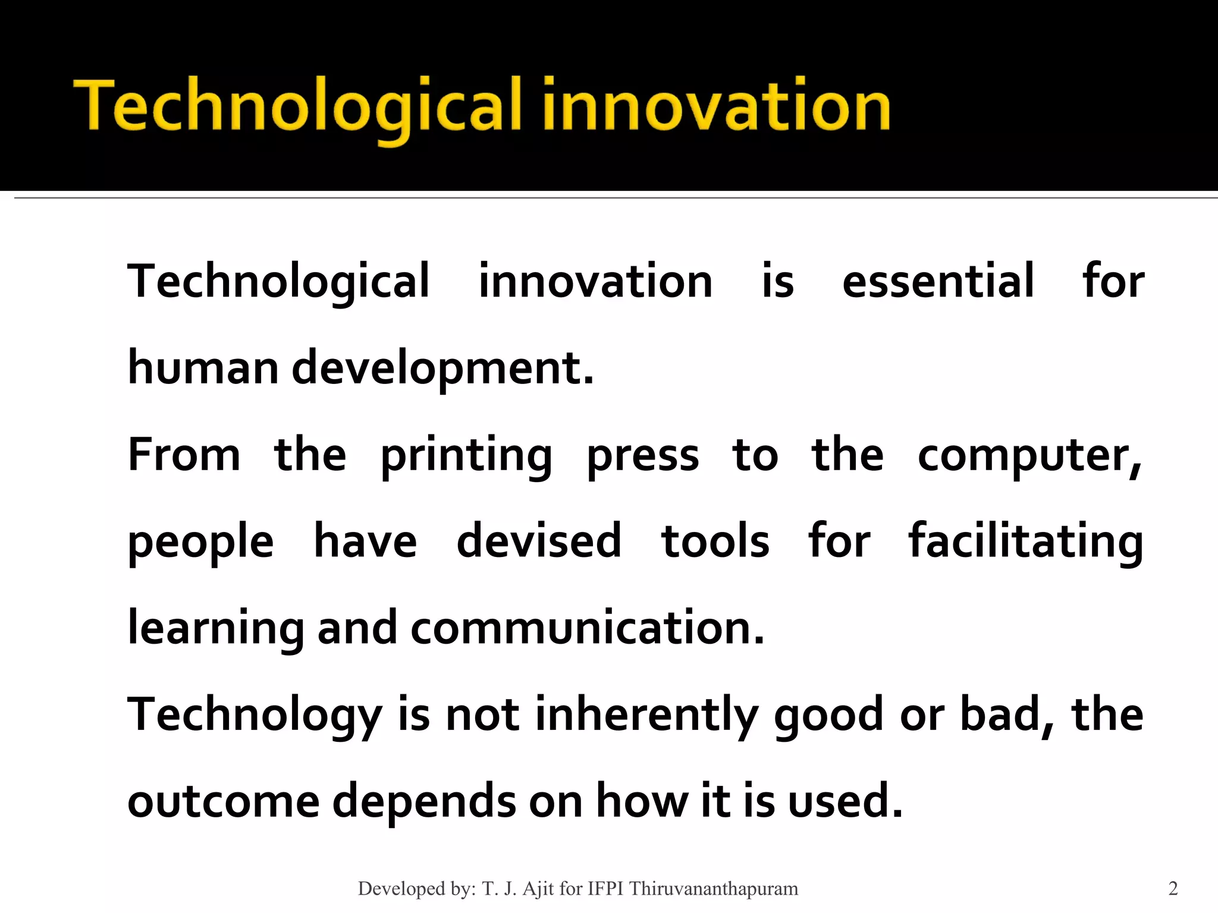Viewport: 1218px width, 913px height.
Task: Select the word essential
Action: (938, 281)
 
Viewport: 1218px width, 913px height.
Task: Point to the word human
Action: (203, 367)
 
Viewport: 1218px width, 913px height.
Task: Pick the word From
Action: (184, 455)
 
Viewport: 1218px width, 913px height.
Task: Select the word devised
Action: (539, 541)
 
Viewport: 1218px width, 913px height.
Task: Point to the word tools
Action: (715, 541)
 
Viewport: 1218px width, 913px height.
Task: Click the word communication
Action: (587, 628)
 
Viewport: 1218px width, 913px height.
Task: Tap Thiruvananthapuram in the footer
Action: (713, 889)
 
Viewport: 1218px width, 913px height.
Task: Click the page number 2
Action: (1173, 889)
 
